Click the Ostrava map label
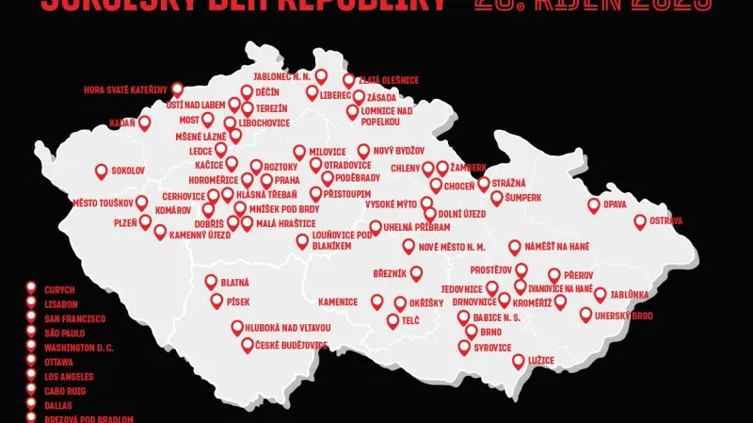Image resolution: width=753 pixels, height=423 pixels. click(x=665, y=220)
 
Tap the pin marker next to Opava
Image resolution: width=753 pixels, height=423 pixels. click(x=594, y=204)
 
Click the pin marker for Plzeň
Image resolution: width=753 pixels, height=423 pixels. click(x=146, y=221)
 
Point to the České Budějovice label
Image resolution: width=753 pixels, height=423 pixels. click(x=292, y=346)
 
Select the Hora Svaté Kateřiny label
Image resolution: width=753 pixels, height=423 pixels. click(x=125, y=90)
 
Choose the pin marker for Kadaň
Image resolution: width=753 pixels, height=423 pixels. click(x=145, y=122)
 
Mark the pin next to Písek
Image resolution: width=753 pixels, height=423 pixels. click(x=216, y=301)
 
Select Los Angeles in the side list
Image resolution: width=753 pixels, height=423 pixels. click(x=69, y=376)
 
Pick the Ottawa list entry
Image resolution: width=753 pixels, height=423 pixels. click(x=58, y=362)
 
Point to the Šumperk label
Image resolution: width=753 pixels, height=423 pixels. click(x=523, y=198)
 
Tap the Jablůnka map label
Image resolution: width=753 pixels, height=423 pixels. click(x=630, y=294)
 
